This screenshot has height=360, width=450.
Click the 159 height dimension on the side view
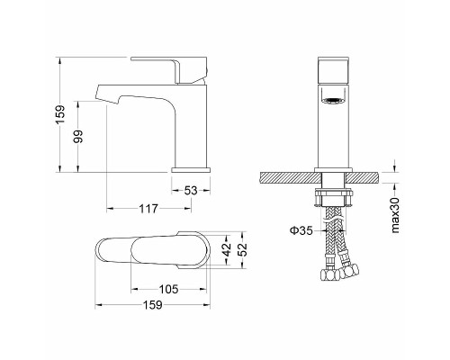[60, 114]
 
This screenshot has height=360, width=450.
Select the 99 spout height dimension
[78, 136]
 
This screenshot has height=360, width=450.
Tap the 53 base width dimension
[191, 190]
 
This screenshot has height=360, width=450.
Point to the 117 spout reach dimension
[148, 208]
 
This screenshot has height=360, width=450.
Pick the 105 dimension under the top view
[168, 289]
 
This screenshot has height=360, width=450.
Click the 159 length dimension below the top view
[152, 305]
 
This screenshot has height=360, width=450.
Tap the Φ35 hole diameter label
[301, 230]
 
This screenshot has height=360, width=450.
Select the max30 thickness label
[395, 215]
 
